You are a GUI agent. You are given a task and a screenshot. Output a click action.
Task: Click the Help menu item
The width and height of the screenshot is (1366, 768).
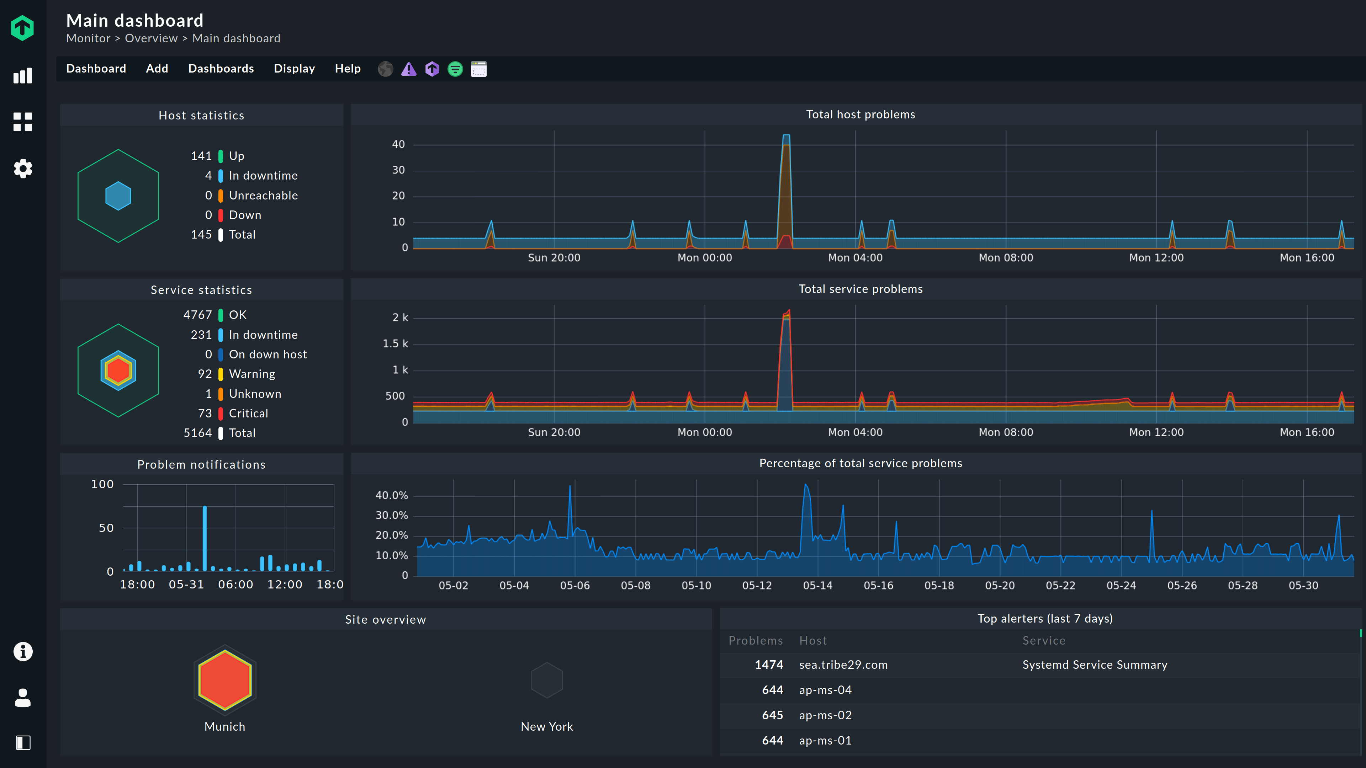point(347,68)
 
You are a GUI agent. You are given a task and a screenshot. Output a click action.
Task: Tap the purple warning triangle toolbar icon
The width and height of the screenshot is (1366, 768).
point(409,69)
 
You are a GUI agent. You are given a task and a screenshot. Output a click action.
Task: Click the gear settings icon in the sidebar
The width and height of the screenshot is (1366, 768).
point(23,169)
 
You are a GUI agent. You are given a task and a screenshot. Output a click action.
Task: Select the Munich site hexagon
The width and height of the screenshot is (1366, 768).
point(225,679)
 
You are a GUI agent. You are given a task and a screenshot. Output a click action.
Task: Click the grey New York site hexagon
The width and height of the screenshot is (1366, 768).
point(547,680)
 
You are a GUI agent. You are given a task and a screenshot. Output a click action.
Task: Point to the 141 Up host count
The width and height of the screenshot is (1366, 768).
point(201,156)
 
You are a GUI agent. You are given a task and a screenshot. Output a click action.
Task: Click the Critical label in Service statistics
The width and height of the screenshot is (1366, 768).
point(248,414)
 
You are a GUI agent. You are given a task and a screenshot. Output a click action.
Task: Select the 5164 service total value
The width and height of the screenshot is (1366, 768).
point(197,433)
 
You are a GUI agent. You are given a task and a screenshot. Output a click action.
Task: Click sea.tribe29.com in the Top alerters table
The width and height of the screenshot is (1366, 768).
point(843,665)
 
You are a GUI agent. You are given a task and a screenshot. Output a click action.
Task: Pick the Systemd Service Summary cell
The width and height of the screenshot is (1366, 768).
point(1095,665)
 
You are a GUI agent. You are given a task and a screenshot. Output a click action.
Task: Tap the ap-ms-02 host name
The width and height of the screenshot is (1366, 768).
point(825,715)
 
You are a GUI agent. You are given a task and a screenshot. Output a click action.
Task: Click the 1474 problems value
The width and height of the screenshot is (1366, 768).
point(769,665)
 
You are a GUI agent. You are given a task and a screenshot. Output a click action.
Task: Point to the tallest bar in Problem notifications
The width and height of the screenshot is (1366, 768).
point(205,538)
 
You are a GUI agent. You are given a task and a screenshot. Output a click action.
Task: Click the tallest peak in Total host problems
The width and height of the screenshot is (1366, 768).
point(786,136)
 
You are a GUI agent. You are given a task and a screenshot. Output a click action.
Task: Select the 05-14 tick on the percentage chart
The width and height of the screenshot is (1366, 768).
point(817,585)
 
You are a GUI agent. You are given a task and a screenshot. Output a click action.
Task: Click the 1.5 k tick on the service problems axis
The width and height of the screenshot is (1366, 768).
point(395,343)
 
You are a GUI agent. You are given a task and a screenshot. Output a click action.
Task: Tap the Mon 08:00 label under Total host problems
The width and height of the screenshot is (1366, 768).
point(1005,257)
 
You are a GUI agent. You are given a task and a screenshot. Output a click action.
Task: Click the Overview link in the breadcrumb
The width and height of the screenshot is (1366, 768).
point(151,38)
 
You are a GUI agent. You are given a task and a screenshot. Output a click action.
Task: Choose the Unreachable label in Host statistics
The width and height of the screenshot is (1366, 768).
point(263,195)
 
